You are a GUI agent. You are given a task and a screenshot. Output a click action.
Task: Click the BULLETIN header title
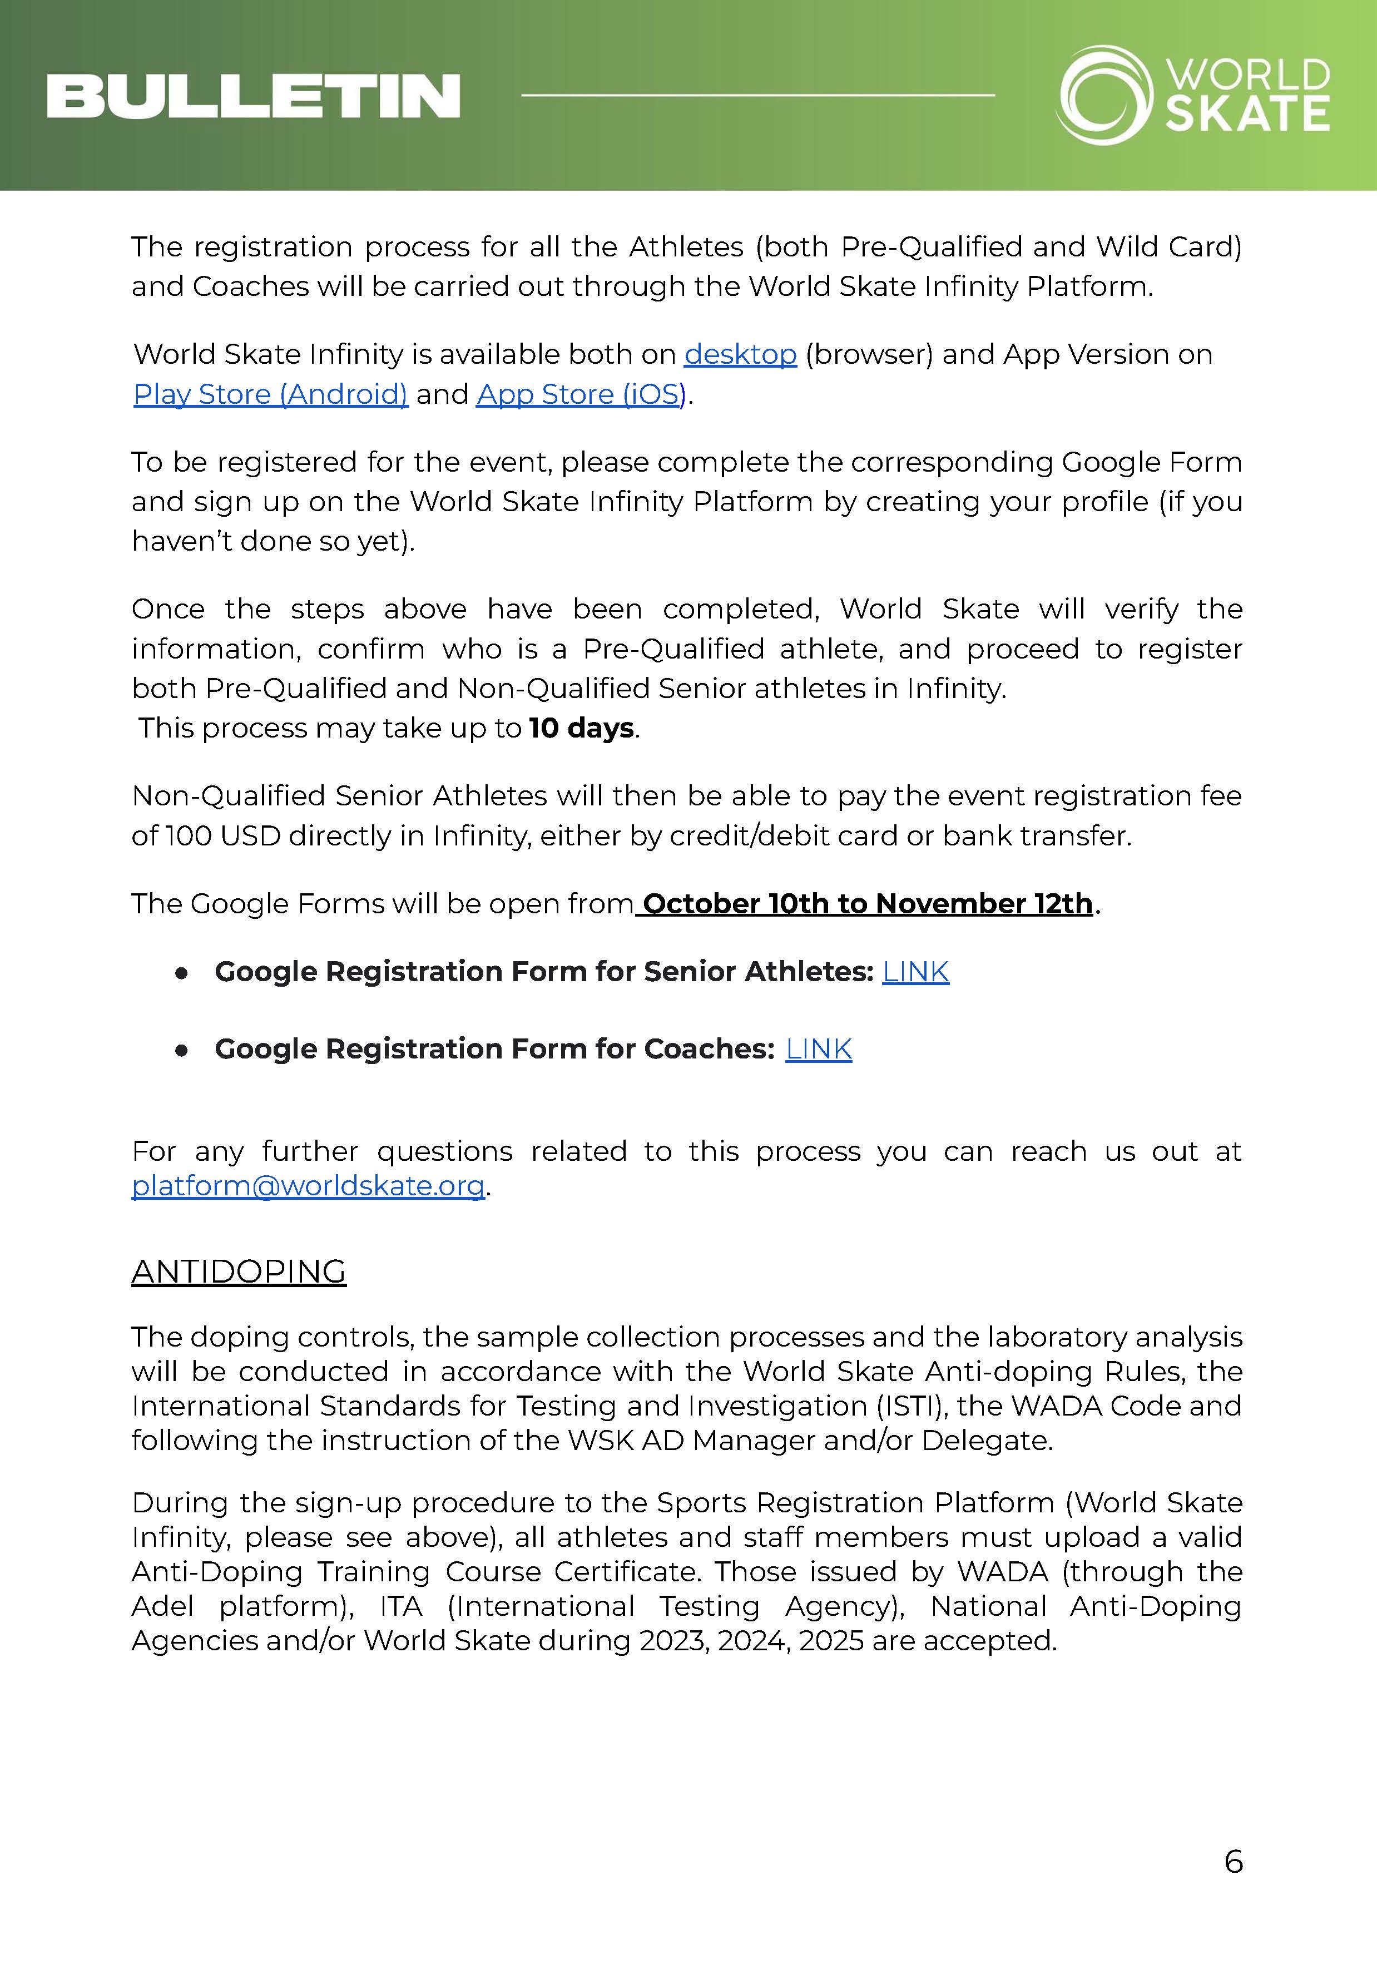[253, 96]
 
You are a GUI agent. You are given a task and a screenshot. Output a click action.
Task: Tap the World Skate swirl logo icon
[1105, 95]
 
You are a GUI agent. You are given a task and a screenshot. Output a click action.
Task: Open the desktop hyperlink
[740, 355]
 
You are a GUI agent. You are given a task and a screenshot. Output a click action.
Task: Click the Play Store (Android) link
[270, 394]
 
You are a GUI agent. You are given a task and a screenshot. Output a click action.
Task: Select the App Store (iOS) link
[581, 394]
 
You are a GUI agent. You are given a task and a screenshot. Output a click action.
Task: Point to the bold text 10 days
[582, 729]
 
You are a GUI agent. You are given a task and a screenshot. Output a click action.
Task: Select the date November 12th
[984, 903]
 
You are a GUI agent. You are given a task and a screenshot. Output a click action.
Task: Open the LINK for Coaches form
[818, 1048]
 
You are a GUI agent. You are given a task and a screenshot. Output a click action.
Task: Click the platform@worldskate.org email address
[308, 1186]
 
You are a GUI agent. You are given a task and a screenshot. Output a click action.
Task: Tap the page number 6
[1233, 1862]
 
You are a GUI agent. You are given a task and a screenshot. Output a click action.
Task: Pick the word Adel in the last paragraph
[162, 1606]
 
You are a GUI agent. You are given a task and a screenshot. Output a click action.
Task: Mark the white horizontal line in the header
[757, 95]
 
